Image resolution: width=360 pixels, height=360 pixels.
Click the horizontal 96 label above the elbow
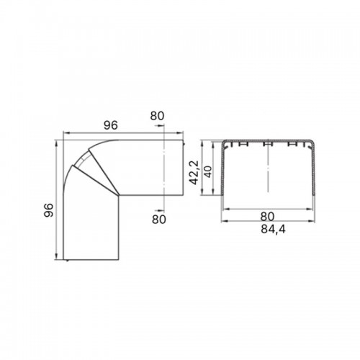(111, 125)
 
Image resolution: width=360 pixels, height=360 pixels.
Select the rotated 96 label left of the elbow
(49, 210)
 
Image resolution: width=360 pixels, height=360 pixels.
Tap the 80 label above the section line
(157, 116)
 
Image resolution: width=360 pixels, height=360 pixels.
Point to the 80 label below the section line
(159, 219)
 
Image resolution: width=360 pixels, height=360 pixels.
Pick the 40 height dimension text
(208, 171)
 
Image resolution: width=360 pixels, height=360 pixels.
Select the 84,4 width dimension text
(273, 230)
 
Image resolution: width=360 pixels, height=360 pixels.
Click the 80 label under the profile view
(267, 217)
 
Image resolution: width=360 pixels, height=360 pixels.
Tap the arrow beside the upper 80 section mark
(160, 125)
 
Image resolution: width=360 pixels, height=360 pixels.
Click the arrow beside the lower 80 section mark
(160, 210)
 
